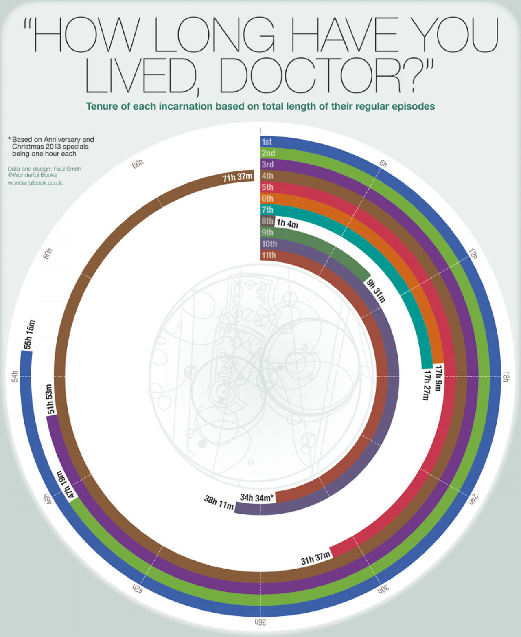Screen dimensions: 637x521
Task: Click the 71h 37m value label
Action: tap(238, 178)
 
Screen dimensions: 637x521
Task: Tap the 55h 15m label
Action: tap(29, 335)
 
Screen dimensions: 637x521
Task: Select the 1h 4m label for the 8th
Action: tap(287, 223)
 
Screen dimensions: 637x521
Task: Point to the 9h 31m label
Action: tap(375, 291)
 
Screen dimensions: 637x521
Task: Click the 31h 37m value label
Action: tap(315, 558)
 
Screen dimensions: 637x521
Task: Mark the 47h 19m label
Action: tap(65, 485)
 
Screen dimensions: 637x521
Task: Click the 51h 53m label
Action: tap(50, 399)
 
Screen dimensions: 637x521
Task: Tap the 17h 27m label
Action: tap(426, 385)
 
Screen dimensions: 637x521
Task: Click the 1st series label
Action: tap(267, 142)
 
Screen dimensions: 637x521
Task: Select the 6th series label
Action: tap(267, 198)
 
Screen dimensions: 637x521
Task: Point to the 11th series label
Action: tap(269, 255)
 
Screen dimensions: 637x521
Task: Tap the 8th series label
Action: tap(267, 221)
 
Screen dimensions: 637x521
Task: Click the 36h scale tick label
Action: tap(260, 622)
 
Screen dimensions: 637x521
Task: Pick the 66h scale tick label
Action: tap(138, 164)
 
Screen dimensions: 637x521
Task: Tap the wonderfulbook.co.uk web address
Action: tap(35, 183)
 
